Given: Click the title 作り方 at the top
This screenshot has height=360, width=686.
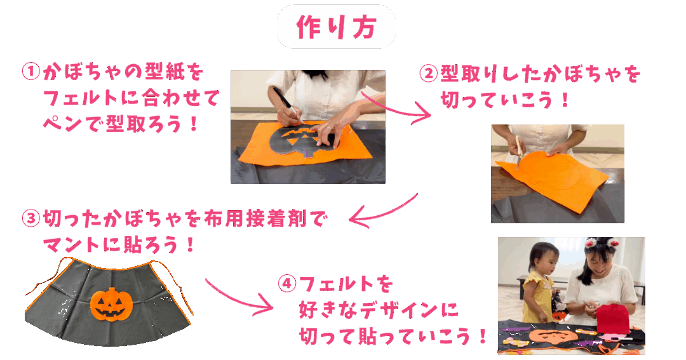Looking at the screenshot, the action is pyautogui.click(x=336, y=27).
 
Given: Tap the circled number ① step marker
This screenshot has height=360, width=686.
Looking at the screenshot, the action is pyautogui.click(x=31, y=72).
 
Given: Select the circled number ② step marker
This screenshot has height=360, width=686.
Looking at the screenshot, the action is pyautogui.click(x=428, y=74).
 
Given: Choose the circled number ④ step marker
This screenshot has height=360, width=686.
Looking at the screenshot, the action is pyautogui.click(x=287, y=283).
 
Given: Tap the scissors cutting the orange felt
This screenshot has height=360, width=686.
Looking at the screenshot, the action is pyautogui.click(x=519, y=152).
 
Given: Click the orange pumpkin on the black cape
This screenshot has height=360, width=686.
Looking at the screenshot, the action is pyautogui.click(x=112, y=304).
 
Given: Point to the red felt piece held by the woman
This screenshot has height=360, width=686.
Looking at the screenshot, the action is pyautogui.click(x=613, y=319).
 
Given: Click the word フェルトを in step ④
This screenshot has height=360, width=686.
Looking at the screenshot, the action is pyautogui.click(x=346, y=284).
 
